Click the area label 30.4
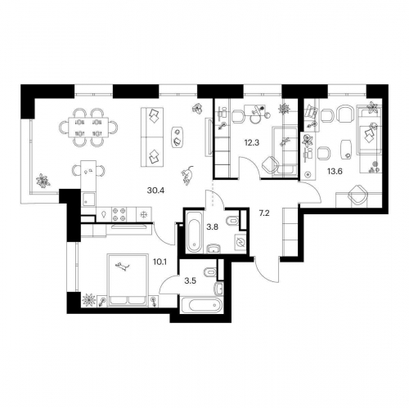coord(155,191)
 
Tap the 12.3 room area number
coord(252,142)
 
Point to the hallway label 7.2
coord(264,213)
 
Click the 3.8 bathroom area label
coord(212,226)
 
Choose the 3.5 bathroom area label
coord(191,281)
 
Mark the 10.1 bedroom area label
coord(160,262)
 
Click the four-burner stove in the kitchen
coord(119,214)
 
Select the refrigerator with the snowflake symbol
coord(142,214)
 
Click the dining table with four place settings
coord(88,127)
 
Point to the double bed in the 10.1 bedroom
coord(128,280)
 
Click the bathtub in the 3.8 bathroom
coord(194,231)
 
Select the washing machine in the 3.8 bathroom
coord(240,242)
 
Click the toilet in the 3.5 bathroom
coord(210,271)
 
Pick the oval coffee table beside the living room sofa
coord(178,137)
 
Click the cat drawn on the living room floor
coord(187,175)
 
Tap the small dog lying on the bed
coord(123,266)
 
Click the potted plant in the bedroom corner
coord(89,300)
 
